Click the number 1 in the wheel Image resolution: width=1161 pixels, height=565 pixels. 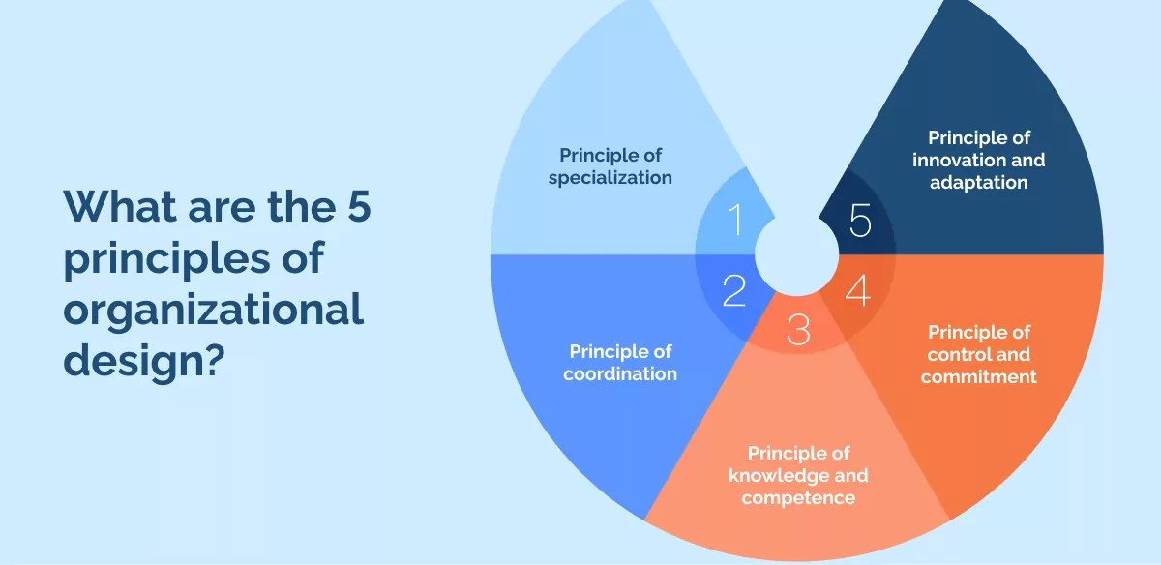pyautogui.click(x=734, y=220)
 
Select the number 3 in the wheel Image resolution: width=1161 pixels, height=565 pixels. pyautogui.click(x=798, y=331)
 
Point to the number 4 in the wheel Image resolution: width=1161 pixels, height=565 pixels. pyautogui.click(x=858, y=291)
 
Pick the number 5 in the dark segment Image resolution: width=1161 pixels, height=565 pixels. pyautogui.click(x=860, y=222)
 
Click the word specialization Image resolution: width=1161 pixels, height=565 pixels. pyautogui.click(x=610, y=178)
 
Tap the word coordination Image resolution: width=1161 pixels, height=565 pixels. pyautogui.click(x=620, y=373)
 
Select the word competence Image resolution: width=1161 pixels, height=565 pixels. pyautogui.click(x=798, y=498)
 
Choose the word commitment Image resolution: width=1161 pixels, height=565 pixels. pyautogui.click(x=978, y=377)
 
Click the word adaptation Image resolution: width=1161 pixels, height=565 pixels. pyautogui.click(x=978, y=182)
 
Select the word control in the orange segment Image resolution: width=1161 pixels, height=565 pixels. pyautogui.click(x=951, y=355)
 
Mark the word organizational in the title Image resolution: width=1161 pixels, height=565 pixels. pyautogui.click(x=214, y=312)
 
